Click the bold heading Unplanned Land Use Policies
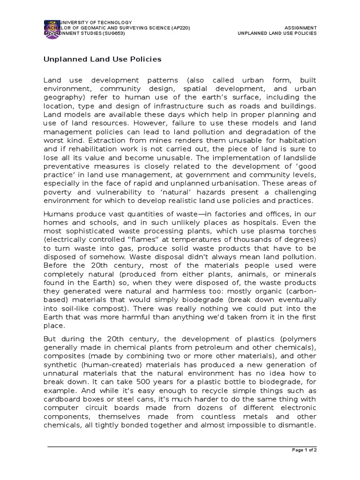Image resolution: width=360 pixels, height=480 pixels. pyautogui.click(x=102, y=60)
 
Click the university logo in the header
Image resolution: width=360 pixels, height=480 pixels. pyautogui.click(x=51, y=28)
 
